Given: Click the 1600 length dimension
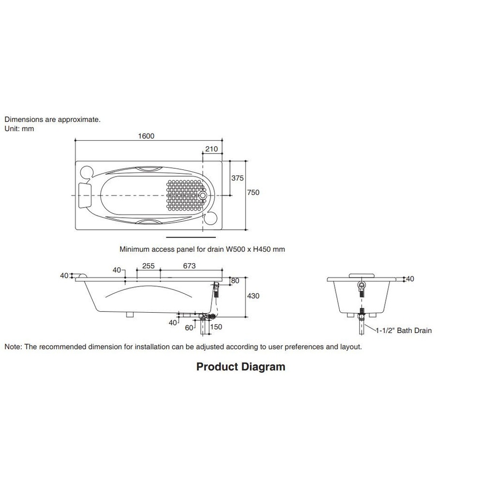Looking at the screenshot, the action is pyautogui.click(x=146, y=136).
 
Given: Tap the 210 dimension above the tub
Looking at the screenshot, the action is pyautogui.click(x=212, y=149).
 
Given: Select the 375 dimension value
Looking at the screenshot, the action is pyautogui.click(x=237, y=178).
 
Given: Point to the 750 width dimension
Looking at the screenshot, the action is pyautogui.click(x=253, y=192).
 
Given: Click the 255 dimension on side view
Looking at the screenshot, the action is pyautogui.click(x=148, y=266).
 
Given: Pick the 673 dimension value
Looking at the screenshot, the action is pyautogui.click(x=189, y=266).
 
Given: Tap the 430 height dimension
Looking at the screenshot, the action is pyautogui.click(x=253, y=296).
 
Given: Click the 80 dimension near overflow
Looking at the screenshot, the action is pyautogui.click(x=235, y=281).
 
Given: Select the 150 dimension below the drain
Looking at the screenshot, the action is pyautogui.click(x=216, y=327).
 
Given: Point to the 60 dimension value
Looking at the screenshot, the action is pyautogui.click(x=189, y=328).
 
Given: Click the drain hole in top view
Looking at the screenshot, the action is pyautogui.click(x=203, y=196).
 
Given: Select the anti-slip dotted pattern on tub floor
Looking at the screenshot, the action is pyautogui.click(x=183, y=196).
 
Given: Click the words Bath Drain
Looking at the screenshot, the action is pyautogui.click(x=414, y=331).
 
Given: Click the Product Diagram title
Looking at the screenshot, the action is pyautogui.click(x=241, y=367).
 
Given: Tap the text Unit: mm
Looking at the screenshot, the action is pyautogui.click(x=19, y=129).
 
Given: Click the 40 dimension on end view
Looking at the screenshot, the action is pyautogui.click(x=410, y=279).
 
